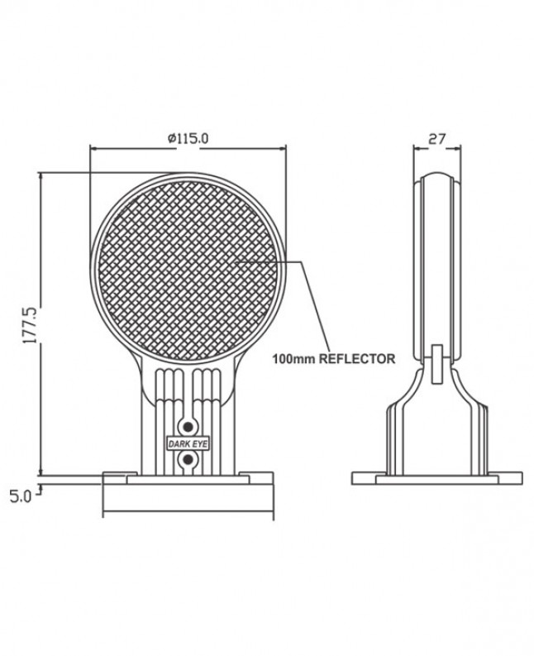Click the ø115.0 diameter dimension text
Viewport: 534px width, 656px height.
tap(188, 137)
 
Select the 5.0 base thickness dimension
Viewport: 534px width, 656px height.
tap(21, 496)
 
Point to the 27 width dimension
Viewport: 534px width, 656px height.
tap(437, 138)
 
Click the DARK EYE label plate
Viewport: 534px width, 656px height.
tap(188, 444)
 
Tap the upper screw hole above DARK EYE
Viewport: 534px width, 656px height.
tap(188, 427)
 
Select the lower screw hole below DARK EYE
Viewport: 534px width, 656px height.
tap(188, 460)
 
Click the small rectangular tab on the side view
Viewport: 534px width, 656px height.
tap(437, 363)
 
